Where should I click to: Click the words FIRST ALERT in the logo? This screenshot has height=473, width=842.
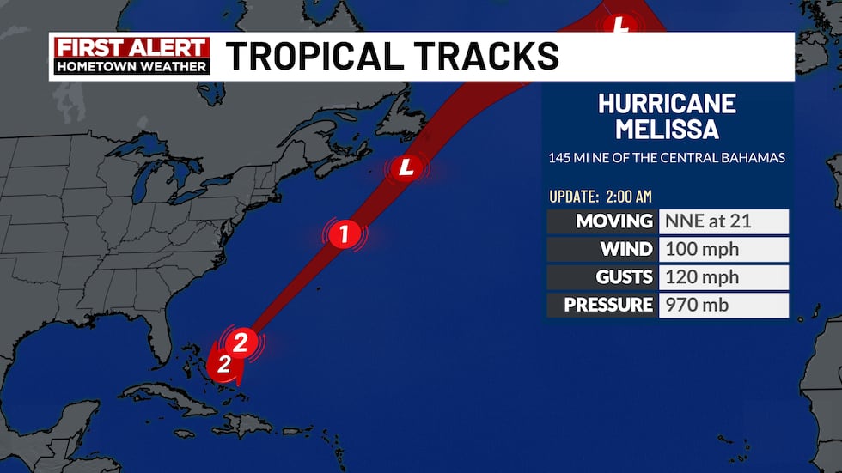click(x=131, y=47)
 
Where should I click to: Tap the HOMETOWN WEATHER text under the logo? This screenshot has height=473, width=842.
click(x=131, y=66)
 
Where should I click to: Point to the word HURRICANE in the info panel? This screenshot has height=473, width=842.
click(x=667, y=104)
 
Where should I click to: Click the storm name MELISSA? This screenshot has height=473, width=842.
click(x=667, y=130)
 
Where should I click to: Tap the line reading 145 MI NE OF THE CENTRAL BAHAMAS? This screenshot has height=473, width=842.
click(x=667, y=158)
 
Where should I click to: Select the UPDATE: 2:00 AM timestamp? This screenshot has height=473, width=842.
click(x=601, y=197)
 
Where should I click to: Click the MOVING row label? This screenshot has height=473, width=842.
click(x=614, y=221)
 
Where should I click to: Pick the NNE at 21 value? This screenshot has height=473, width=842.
click(x=708, y=221)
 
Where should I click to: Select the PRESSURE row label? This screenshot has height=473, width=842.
click(x=608, y=305)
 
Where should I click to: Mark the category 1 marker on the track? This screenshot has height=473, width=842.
click(x=344, y=234)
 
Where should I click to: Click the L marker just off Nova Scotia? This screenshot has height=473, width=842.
click(x=407, y=168)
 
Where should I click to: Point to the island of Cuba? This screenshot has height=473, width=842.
click(x=172, y=382)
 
